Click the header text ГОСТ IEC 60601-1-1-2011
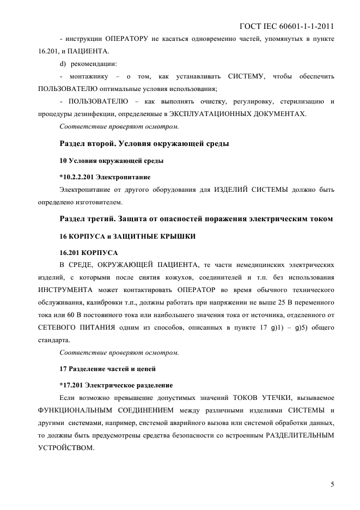(x=286, y=26)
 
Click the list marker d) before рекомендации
(x=63, y=64)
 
